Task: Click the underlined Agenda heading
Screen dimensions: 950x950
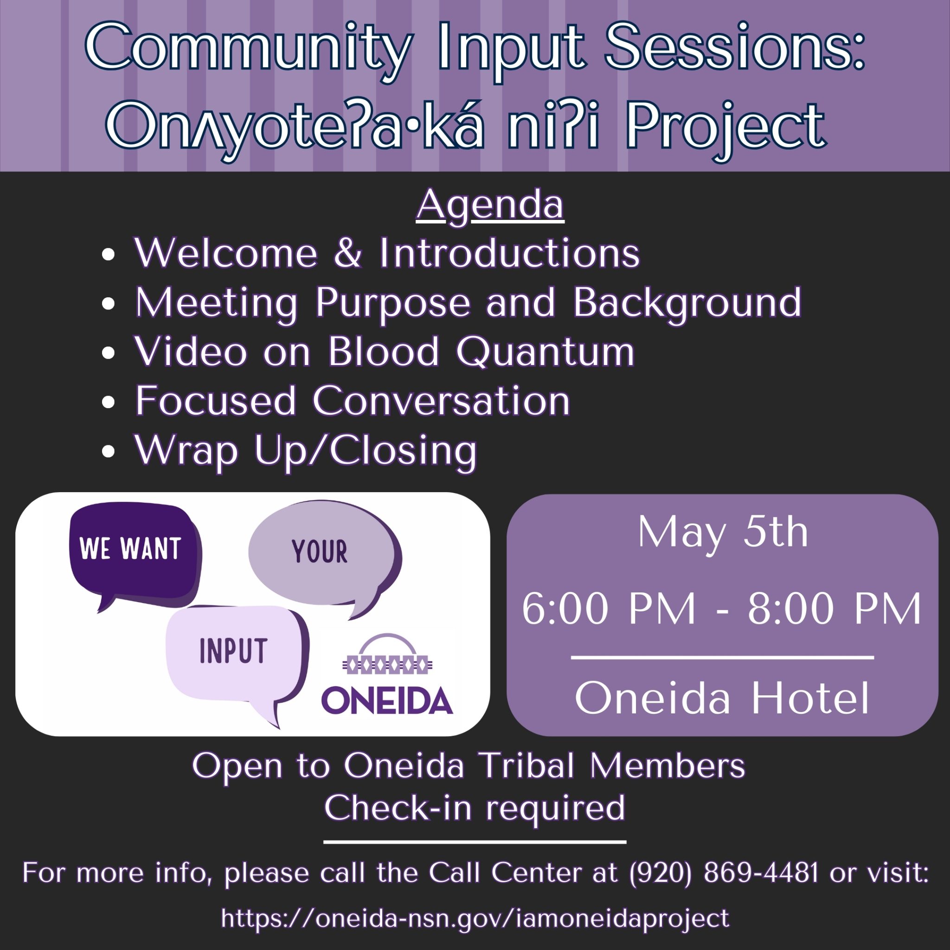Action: [490, 205]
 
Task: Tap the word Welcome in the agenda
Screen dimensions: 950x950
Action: [226, 253]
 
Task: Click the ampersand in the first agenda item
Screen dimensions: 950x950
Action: [348, 253]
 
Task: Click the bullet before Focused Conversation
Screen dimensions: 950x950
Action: [108, 401]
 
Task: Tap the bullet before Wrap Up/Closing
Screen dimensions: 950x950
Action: [108, 451]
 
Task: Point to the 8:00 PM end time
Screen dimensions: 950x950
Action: [834, 609]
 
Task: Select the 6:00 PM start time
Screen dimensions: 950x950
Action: [609, 609]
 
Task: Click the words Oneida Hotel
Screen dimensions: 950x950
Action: [722, 698]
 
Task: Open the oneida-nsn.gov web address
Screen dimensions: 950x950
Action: [475, 918]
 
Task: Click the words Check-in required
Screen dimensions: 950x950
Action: [475, 808]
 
